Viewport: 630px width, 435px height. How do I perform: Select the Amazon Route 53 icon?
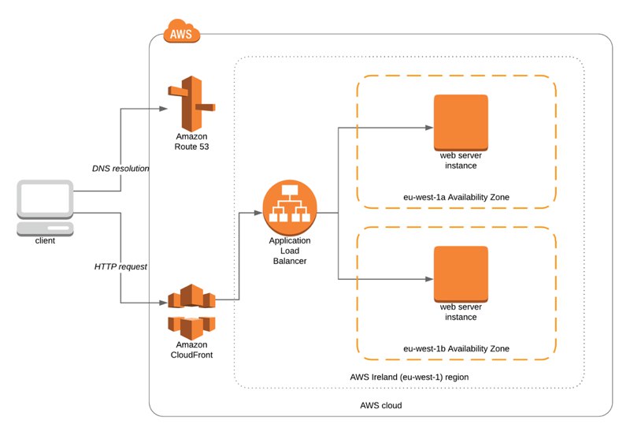(x=191, y=104)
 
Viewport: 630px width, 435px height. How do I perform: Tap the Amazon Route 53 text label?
(x=191, y=142)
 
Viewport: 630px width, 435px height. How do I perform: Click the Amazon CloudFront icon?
(x=191, y=312)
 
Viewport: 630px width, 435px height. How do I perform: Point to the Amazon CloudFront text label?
(x=191, y=350)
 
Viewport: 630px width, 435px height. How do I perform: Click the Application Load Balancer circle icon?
(x=290, y=208)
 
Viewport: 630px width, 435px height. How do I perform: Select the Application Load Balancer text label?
(x=290, y=251)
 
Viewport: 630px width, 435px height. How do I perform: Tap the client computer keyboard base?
(x=45, y=229)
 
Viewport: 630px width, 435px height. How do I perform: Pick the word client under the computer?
(x=45, y=241)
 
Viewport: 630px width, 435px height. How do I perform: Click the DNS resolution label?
(x=120, y=169)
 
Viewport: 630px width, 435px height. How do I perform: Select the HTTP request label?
(x=120, y=266)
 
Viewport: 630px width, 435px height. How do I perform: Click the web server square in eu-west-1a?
(x=461, y=123)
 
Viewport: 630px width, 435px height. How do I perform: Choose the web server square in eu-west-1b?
(x=461, y=274)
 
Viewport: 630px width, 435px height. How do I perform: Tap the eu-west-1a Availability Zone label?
(x=457, y=197)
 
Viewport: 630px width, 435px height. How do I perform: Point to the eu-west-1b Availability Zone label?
(x=457, y=348)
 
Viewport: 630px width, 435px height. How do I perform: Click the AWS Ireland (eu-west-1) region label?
(x=409, y=377)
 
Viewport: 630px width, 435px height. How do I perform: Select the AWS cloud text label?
(x=381, y=405)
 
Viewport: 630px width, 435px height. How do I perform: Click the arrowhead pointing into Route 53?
(x=163, y=109)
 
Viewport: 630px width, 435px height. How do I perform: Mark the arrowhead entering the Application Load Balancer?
(x=258, y=213)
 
